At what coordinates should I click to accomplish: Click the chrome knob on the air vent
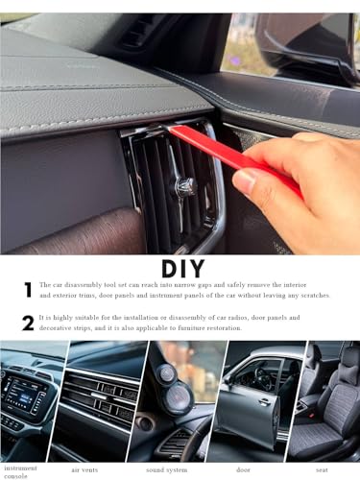[184, 184]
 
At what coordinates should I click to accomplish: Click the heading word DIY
[180, 266]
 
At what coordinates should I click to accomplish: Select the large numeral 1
[28, 289]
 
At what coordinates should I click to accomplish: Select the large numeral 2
[28, 323]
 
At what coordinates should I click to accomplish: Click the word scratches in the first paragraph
[307, 295]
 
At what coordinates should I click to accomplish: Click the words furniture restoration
[206, 328]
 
